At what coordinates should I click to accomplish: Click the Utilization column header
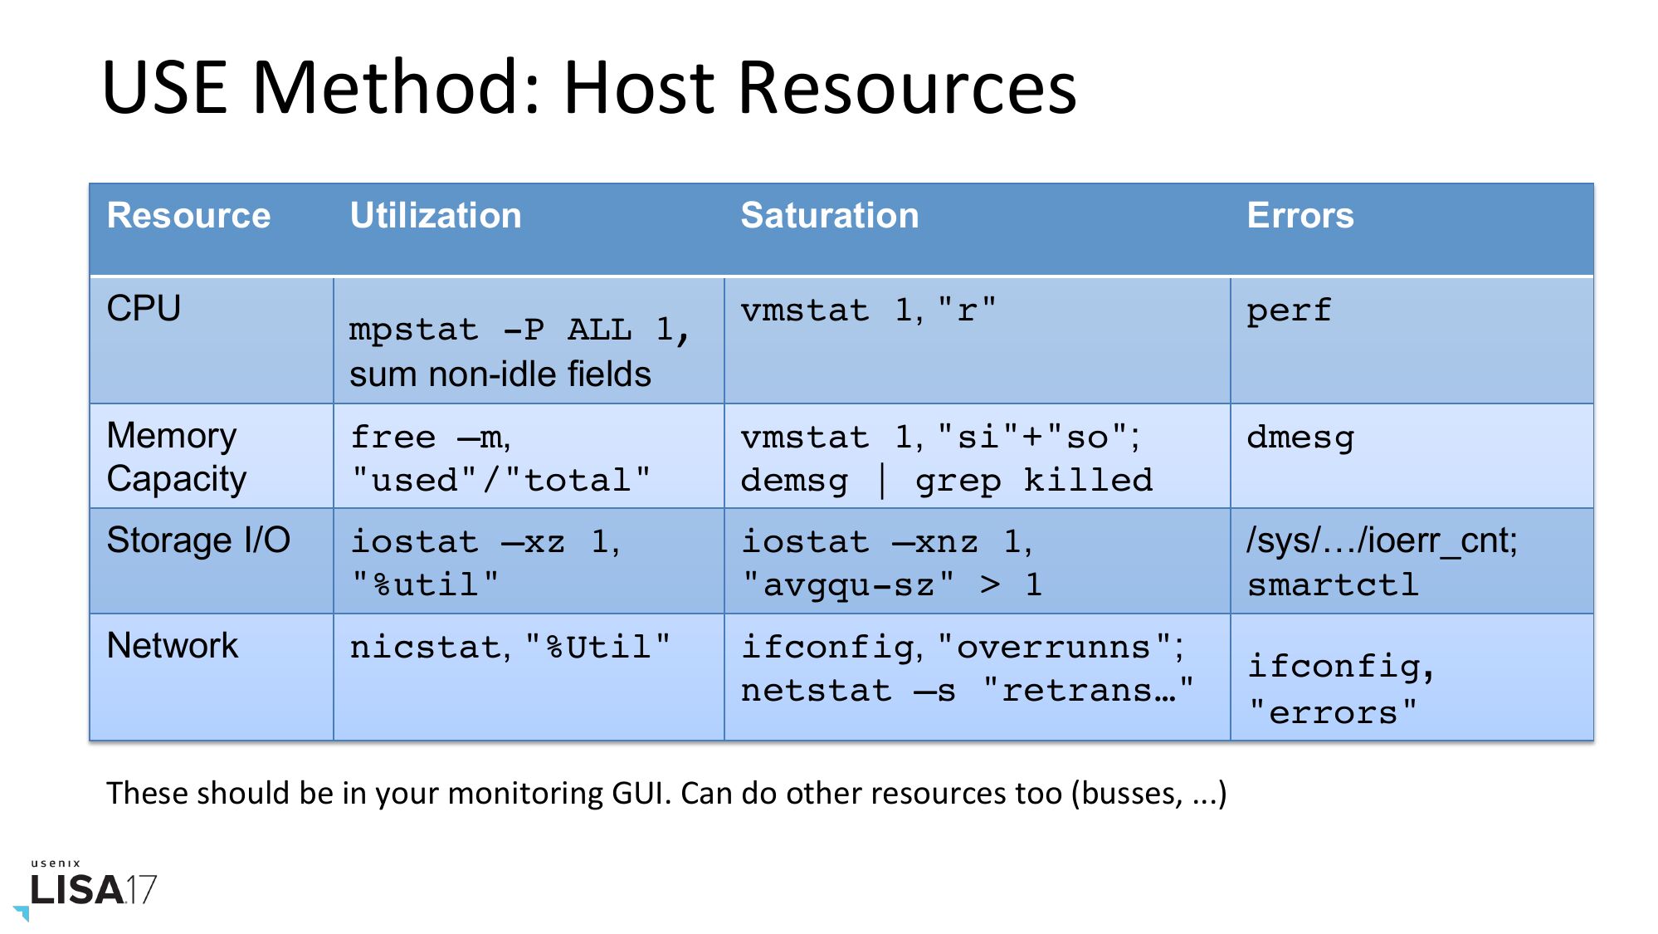(436, 216)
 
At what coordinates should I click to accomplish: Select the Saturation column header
(830, 216)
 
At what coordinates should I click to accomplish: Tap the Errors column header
(1300, 216)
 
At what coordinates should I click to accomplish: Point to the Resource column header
(189, 216)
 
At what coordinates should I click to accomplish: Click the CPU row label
(144, 309)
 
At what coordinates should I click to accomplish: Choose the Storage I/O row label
(198, 540)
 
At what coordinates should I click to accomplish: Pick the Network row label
(173, 646)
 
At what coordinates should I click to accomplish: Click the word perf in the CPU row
(1289, 311)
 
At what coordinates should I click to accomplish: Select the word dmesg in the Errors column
(1300, 438)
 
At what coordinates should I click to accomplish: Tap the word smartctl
(1333, 584)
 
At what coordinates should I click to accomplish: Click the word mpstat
(414, 330)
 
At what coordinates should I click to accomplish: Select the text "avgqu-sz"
(848, 585)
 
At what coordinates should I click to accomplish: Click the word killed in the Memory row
(1088, 480)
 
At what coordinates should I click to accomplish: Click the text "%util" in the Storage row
(426, 584)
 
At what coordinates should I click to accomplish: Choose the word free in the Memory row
(393, 437)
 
